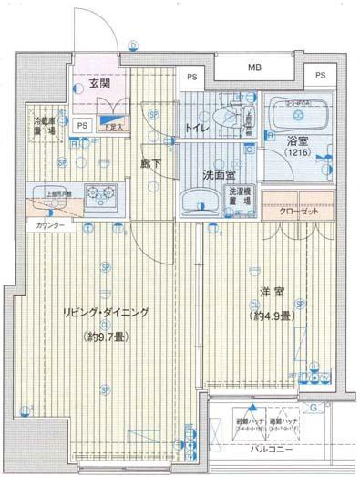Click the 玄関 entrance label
[99, 86]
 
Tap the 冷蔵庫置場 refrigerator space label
[45, 124]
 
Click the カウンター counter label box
[50, 223]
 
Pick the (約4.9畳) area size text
[274, 315]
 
